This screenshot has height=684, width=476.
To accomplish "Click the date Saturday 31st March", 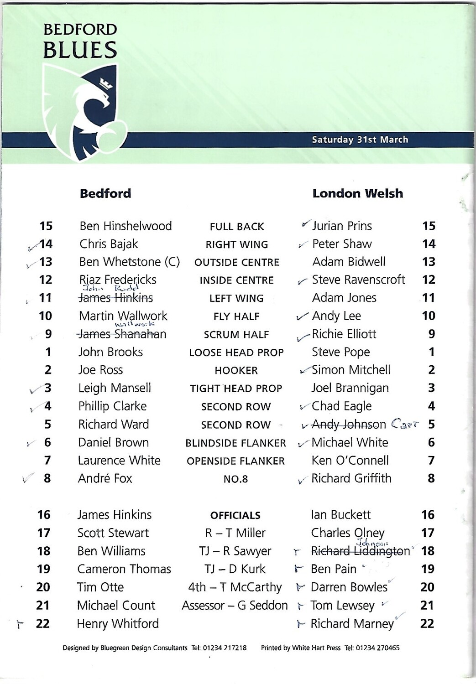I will point(360,140).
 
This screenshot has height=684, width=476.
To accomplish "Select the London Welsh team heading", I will point(357,193).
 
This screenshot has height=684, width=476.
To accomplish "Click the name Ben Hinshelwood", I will point(126,226).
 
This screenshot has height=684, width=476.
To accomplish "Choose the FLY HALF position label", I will point(236,316).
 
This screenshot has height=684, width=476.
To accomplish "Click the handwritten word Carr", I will point(404,424).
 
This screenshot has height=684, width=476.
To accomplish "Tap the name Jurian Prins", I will point(342,226).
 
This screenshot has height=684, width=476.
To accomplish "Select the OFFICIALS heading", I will point(235,515).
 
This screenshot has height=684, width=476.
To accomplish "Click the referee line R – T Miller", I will point(235,533).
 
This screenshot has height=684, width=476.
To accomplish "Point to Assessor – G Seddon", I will point(235,605).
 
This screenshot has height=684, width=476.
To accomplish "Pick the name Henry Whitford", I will point(118,623).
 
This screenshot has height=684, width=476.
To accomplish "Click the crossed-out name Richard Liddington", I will point(361,551).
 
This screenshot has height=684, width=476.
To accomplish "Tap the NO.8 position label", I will point(235,479).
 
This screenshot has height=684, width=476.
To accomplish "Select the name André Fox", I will point(105,478).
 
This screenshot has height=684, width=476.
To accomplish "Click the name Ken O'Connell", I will point(350,461).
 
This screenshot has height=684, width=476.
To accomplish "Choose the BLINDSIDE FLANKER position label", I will point(235,443).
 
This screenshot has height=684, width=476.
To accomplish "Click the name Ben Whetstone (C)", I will point(130,262).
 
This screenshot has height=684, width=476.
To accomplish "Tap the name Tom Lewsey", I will point(342,606).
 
